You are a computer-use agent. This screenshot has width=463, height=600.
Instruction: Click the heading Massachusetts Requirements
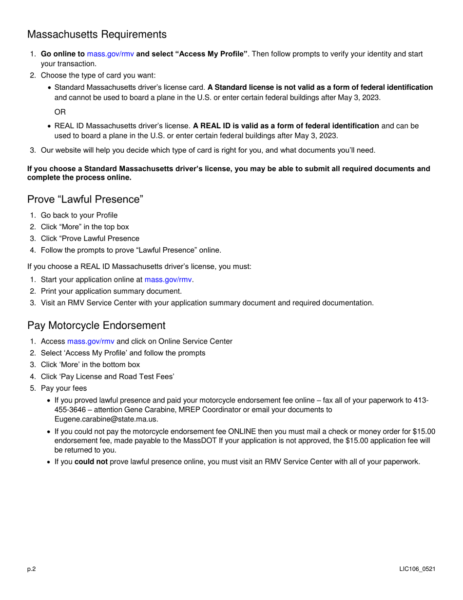coord(97,35)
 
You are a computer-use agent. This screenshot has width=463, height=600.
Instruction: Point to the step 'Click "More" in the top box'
coord(85,227)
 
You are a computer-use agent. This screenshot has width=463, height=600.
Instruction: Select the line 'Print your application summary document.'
coord(111,291)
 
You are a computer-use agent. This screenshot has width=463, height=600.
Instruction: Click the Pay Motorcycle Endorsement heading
coord(96,325)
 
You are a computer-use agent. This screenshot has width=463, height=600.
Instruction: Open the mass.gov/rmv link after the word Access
coord(91,341)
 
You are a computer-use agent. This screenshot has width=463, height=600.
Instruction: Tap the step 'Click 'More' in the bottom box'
coord(90,364)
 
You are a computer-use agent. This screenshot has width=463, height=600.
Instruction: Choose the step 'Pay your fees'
coord(64,388)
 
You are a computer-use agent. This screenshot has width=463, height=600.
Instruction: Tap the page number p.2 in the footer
coord(32,570)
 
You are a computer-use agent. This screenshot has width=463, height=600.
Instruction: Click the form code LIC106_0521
coord(417,570)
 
